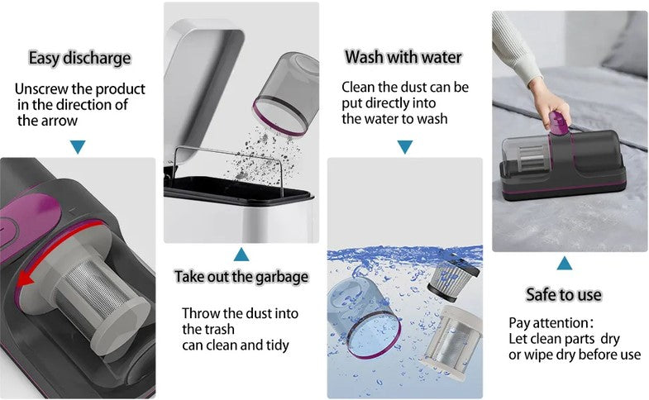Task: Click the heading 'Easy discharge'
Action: point(79,58)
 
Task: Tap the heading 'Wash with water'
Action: point(403,57)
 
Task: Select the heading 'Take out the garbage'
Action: point(241,276)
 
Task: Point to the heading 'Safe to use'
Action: point(564,294)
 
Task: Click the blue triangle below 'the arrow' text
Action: point(78,147)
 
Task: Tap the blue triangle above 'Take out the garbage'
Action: point(241,254)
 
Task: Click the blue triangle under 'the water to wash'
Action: point(404,147)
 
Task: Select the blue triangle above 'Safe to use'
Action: point(564,264)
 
